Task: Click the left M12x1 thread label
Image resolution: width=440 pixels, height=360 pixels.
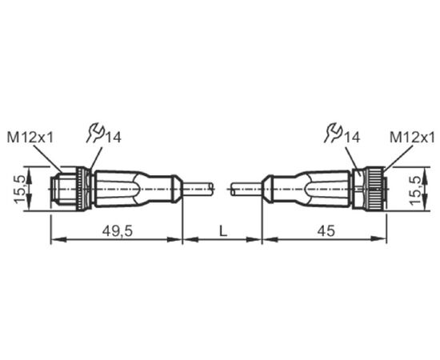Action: coord(30,138)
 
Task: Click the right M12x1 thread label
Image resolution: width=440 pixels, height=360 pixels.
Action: coord(412,138)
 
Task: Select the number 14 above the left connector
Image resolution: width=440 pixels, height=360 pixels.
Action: coord(113,138)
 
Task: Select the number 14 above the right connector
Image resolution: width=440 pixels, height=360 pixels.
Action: coord(352,138)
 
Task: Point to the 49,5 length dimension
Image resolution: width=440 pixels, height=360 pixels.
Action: coord(117,231)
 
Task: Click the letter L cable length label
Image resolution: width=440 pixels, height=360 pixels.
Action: coord(223,231)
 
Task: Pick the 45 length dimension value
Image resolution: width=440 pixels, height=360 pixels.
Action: coord(326,231)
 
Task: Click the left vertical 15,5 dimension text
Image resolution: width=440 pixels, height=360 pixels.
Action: coord(20,189)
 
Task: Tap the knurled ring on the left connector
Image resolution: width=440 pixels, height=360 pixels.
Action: coord(81,188)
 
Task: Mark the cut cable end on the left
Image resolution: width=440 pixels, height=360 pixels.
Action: coord(213,189)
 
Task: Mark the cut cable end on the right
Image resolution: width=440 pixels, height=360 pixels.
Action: coord(233,189)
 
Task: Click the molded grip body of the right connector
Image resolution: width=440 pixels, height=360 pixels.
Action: coord(312,188)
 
